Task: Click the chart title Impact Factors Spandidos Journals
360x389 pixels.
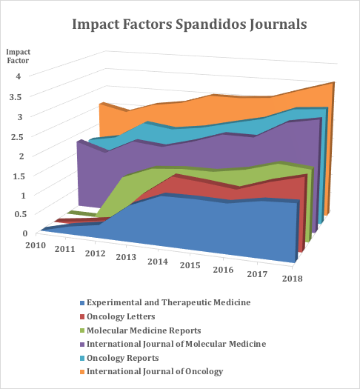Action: (180, 24)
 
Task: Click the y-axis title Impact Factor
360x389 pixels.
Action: (19, 56)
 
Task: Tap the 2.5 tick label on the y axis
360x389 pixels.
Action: (17, 136)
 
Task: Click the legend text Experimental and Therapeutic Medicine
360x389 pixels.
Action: (168, 302)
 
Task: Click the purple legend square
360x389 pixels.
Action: (81, 344)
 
